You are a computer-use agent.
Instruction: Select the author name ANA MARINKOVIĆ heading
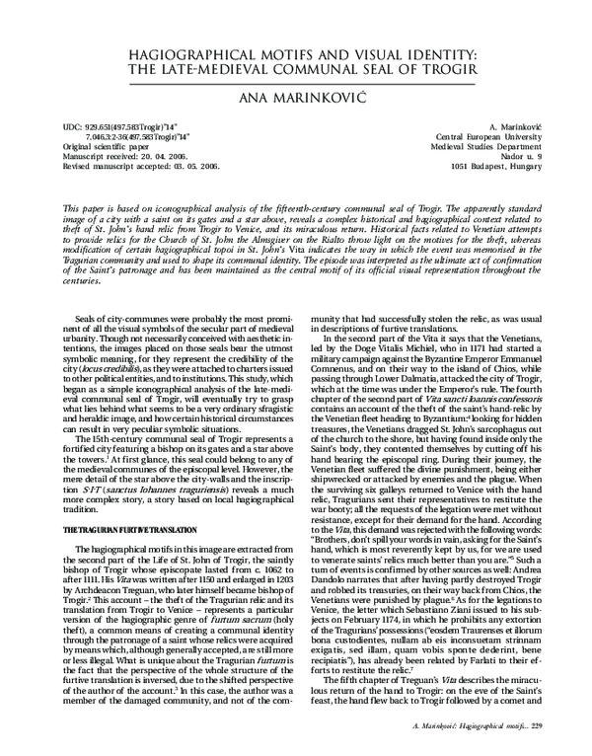pos(295,97)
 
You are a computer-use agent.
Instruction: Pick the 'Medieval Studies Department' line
pos(481,148)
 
